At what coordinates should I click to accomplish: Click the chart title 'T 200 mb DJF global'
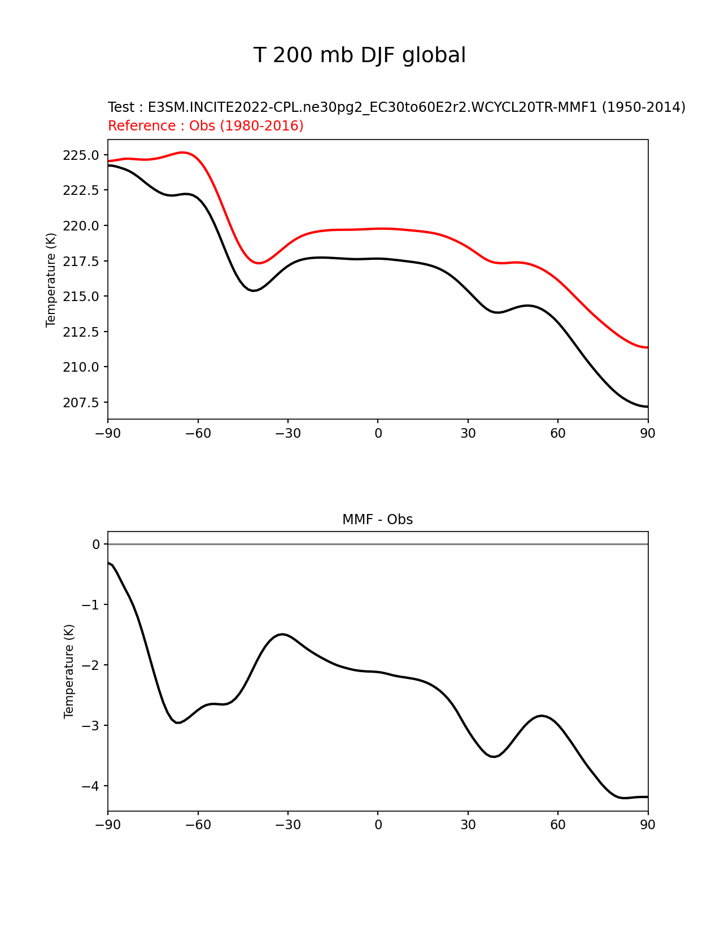(x=359, y=55)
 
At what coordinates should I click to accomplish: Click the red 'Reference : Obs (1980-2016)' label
(x=206, y=125)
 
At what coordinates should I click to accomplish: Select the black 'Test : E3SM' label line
(x=396, y=107)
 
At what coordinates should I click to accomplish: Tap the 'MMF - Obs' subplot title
(x=377, y=519)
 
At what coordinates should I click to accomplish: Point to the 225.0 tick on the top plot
(x=81, y=155)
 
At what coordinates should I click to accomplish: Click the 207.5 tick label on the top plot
(x=81, y=403)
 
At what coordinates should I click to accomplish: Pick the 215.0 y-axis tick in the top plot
(x=81, y=297)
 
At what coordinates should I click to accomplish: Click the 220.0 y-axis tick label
(x=81, y=226)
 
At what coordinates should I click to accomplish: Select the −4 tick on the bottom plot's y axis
(x=90, y=786)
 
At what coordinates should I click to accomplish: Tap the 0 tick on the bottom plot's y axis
(x=97, y=544)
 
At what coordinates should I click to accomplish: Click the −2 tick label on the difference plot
(x=90, y=665)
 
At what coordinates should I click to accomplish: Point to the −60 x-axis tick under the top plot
(x=198, y=433)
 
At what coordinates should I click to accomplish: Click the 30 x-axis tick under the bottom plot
(x=468, y=825)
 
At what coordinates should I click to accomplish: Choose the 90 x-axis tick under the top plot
(x=648, y=433)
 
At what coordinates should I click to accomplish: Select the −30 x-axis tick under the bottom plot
(x=287, y=825)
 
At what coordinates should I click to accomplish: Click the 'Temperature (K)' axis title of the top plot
(x=51, y=280)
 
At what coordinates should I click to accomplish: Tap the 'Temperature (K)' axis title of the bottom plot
(x=69, y=671)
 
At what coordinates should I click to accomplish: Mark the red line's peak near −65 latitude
(x=182, y=152)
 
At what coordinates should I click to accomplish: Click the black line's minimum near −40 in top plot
(x=254, y=290)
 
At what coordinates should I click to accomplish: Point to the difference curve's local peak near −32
(x=282, y=634)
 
